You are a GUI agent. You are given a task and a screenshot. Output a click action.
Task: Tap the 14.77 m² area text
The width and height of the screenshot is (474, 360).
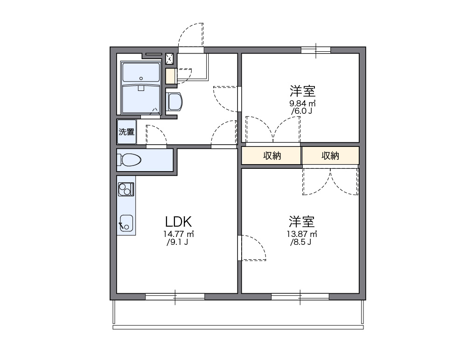[x=179, y=234]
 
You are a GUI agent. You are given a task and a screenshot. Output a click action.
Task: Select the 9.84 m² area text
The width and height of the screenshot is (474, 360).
[x=303, y=103]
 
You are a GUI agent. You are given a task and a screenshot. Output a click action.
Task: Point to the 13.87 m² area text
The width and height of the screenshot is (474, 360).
[x=302, y=234]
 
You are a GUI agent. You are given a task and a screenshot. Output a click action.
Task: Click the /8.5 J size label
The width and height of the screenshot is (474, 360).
[x=301, y=242]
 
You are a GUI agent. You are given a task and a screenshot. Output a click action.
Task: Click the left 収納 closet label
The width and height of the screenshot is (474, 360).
[x=272, y=156]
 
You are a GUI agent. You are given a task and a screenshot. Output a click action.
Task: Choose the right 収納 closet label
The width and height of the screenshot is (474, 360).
[x=330, y=156]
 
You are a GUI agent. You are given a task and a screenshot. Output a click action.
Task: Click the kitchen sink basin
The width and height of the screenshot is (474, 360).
[x=126, y=222]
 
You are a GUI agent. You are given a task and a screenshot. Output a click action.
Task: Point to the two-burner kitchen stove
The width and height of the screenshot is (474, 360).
[x=126, y=189]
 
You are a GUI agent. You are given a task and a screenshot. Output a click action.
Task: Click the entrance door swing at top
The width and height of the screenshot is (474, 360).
[x=191, y=35]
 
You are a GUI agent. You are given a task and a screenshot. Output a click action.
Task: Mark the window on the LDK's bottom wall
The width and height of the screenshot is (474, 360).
[x=175, y=296]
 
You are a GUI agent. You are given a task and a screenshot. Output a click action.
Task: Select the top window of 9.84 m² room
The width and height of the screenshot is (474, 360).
[x=316, y=49]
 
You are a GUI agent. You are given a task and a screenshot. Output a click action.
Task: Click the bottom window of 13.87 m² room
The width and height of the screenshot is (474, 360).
[x=300, y=296]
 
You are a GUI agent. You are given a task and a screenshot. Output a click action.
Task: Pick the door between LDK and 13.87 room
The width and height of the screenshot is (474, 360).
[x=252, y=248]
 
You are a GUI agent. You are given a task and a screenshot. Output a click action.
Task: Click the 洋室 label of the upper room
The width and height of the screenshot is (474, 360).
[x=303, y=90]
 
